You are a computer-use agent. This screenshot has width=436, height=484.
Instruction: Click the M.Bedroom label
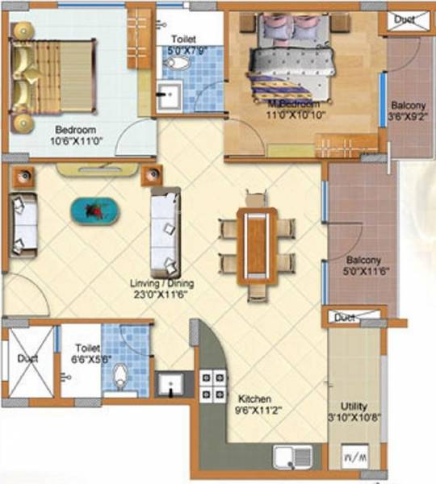[296, 105]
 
